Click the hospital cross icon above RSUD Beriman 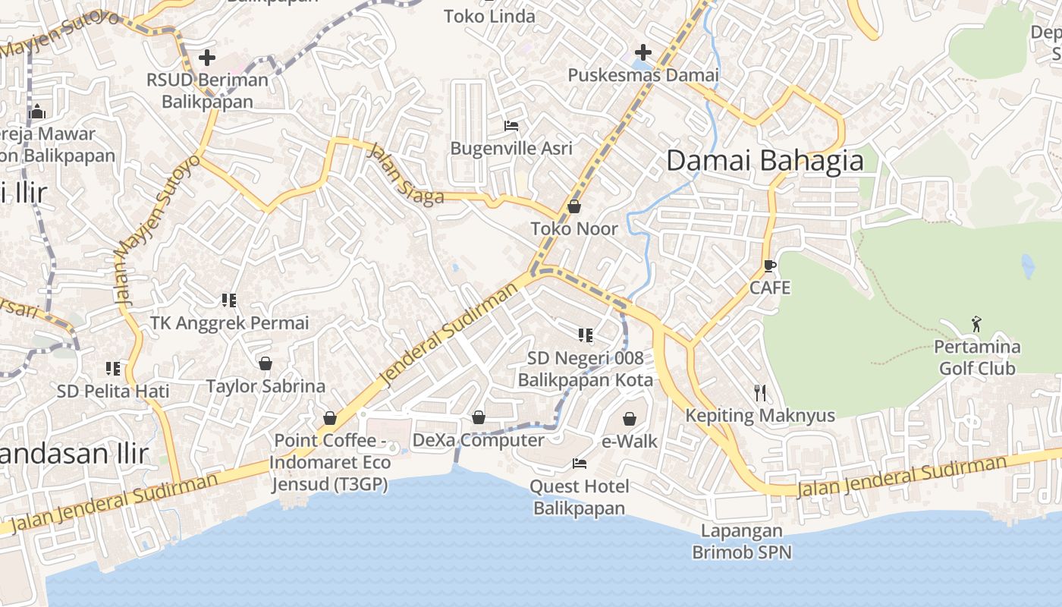click(206, 58)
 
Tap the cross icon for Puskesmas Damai click(643, 52)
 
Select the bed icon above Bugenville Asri click(511, 125)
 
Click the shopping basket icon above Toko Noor click(574, 206)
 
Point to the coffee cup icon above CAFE click(769, 266)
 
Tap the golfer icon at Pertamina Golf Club click(976, 325)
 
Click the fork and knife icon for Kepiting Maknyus click(760, 392)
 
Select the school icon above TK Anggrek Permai click(229, 300)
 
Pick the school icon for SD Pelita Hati click(113, 369)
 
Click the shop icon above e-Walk click(630, 419)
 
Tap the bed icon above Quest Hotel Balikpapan click(580, 463)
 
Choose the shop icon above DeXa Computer click(479, 417)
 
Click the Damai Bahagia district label click(765, 161)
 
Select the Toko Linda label click(489, 16)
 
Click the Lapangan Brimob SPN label click(741, 541)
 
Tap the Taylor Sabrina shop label click(265, 385)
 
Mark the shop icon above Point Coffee click(330, 418)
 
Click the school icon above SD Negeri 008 click(585, 335)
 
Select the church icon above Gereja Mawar click(37, 112)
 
